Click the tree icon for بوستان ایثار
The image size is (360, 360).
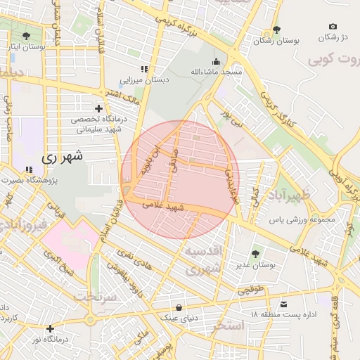tap(27, 36)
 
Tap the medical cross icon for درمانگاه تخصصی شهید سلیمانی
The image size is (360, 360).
tap(98, 109)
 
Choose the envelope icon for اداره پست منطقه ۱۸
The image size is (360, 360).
tap(283, 303)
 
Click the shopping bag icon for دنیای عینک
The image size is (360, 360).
tap(179, 307)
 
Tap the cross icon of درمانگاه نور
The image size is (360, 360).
tap(50, 328)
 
